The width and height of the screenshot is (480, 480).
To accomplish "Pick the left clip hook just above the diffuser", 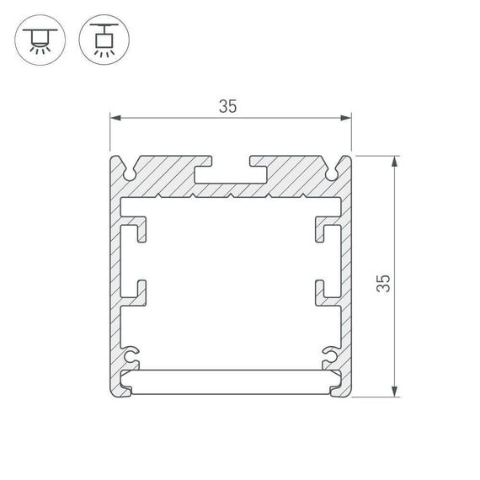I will pos(132,351).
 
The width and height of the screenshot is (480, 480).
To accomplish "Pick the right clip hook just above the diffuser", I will pos(328,351).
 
